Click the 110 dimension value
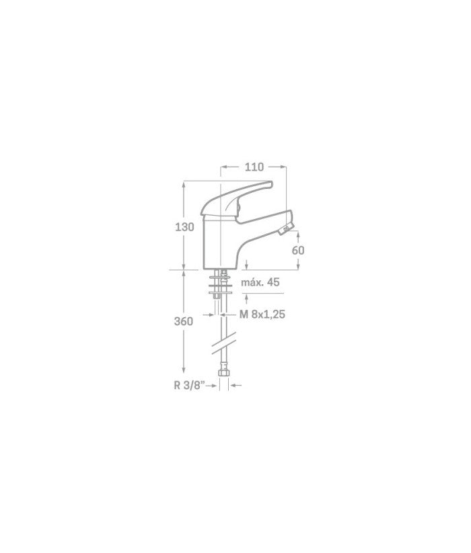click(254, 167)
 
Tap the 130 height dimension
click(184, 227)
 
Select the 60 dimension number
click(298, 250)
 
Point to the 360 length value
click(184, 321)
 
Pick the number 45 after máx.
click(273, 282)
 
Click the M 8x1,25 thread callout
click(262, 314)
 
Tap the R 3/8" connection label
click(190, 385)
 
